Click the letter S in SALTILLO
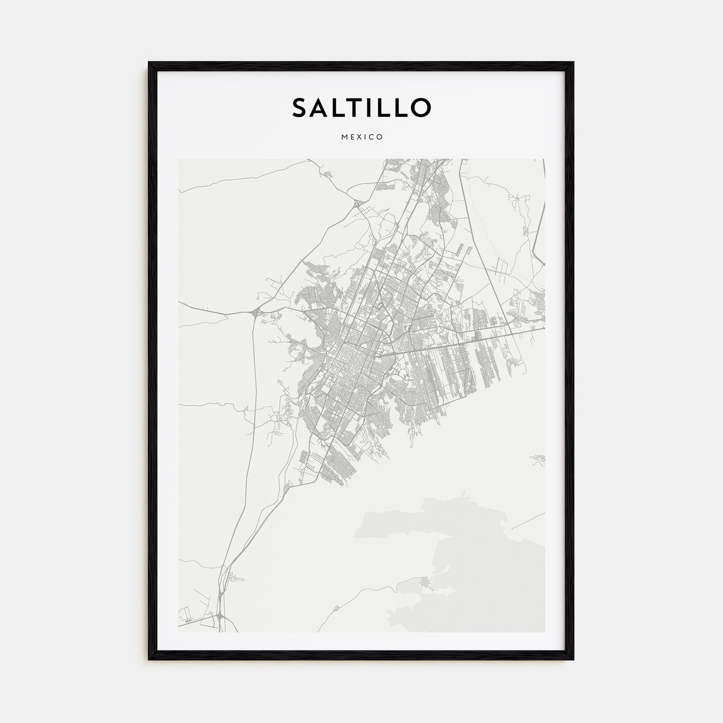coord(301,107)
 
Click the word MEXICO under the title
coord(361,137)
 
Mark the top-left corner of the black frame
coord(149,63)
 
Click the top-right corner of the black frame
coord(573,63)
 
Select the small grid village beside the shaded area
coord(427,583)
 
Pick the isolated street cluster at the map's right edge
coord(539,458)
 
